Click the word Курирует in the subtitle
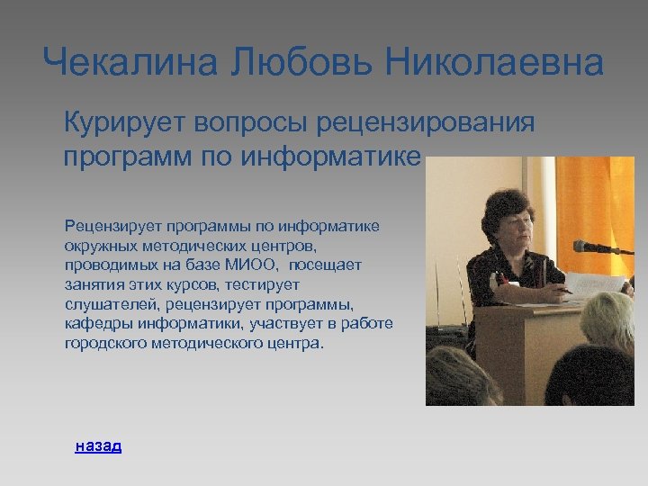point(122,122)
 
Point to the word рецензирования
point(431,122)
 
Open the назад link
point(98,445)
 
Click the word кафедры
point(94,324)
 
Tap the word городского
point(104,344)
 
